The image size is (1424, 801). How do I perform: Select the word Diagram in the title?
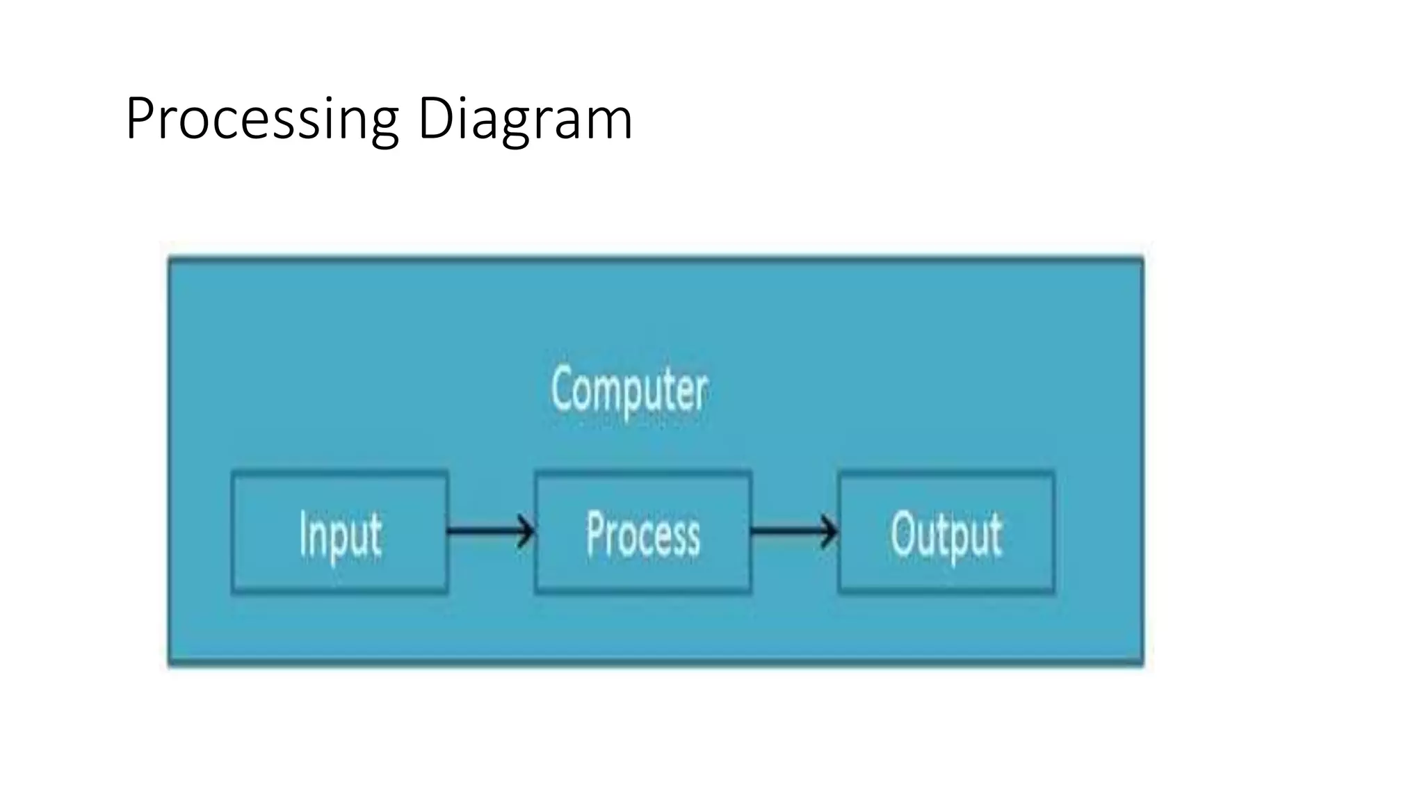coord(525,120)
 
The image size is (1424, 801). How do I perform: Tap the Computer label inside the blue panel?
coord(629,390)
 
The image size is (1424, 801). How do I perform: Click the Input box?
coord(339,533)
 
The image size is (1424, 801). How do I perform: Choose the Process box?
coord(642,533)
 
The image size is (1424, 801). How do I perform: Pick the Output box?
coord(946,533)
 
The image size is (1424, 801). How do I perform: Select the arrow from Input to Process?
coord(491,532)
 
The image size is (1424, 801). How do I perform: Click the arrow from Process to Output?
coord(795,532)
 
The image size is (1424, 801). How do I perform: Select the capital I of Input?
coord(302,533)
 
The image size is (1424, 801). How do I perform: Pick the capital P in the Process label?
coord(595,533)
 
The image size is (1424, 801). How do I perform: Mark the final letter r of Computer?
coord(702,393)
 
